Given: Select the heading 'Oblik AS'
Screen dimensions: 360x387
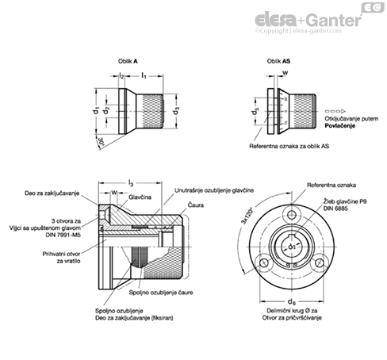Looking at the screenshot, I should pos(274,59).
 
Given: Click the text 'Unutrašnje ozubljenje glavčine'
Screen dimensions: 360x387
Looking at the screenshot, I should pos(208,191).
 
